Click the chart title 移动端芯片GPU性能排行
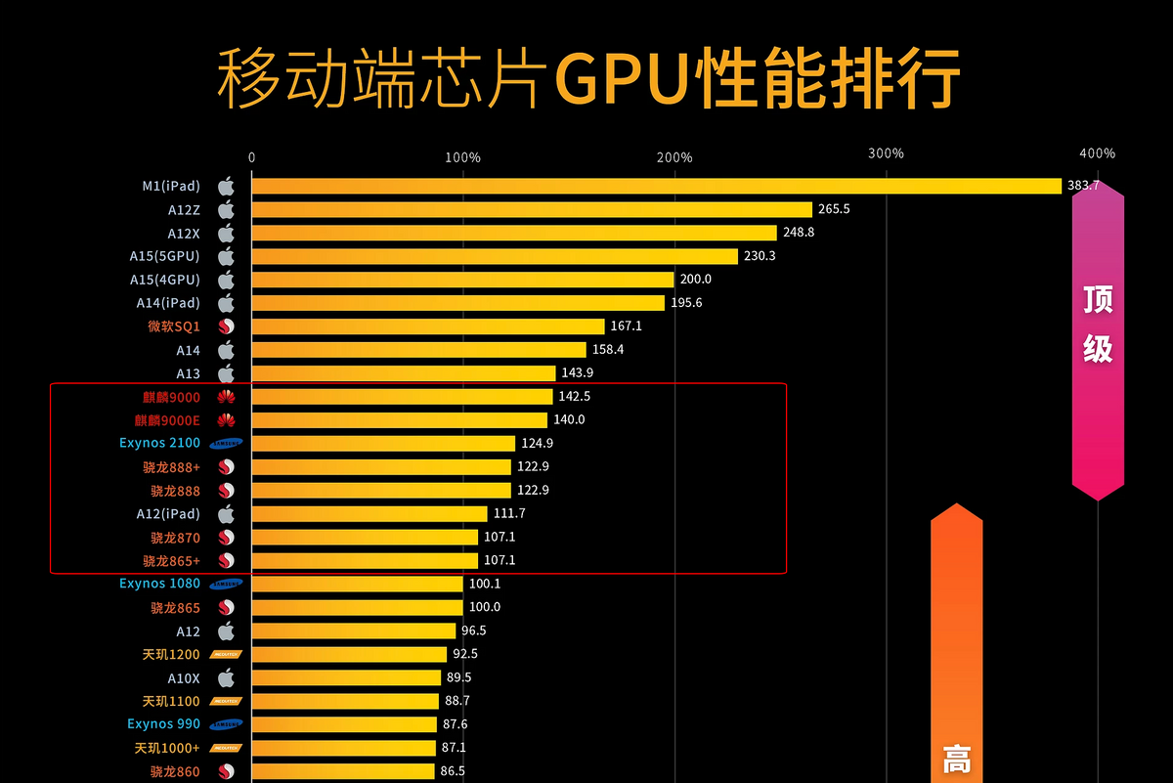(586, 78)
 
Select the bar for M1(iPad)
(655, 186)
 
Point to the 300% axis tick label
(886, 153)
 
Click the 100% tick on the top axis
(462, 156)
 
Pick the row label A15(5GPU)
(164, 256)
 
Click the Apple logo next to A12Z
(226, 209)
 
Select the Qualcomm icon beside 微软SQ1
(226, 326)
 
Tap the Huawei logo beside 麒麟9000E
(226, 420)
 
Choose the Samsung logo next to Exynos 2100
(226, 444)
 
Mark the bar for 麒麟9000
(402, 397)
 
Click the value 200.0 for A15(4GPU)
(695, 280)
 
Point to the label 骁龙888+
(175, 467)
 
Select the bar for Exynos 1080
(357, 584)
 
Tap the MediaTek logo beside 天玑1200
(226, 654)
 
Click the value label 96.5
(474, 631)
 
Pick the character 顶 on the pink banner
(1098, 300)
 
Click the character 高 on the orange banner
(956, 759)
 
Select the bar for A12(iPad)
(369, 513)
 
